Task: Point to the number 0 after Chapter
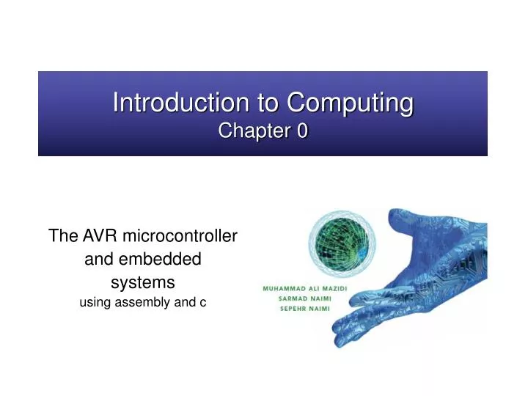pos(302,131)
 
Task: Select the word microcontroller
pos(180,236)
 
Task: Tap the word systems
pos(142,282)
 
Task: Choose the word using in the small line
pos(93,301)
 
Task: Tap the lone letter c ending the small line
pos(202,301)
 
